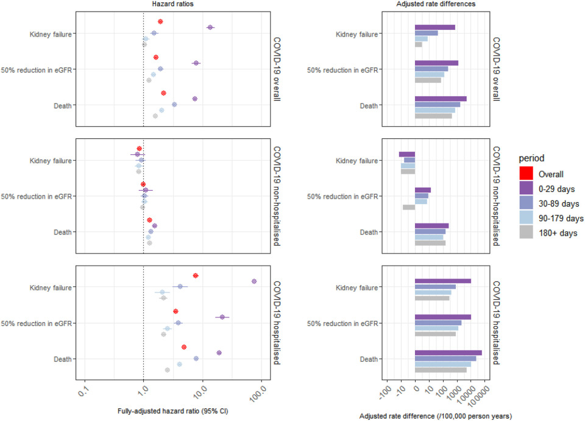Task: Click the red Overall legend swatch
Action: [528, 174]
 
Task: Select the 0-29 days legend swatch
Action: [528, 188]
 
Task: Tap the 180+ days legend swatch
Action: [528, 232]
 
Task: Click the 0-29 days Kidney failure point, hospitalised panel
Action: [254, 281]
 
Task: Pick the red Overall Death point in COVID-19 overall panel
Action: [163, 93]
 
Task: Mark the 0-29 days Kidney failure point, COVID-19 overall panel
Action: [210, 27]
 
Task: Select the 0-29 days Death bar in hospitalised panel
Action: [448, 353]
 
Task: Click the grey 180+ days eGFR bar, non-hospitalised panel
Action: [409, 207]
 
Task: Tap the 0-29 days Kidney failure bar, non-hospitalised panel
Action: [407, 155]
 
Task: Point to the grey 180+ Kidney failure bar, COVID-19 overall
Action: [419, 44]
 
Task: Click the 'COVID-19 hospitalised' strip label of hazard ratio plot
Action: [277, 322]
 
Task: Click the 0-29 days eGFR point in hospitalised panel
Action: [222, 317]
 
